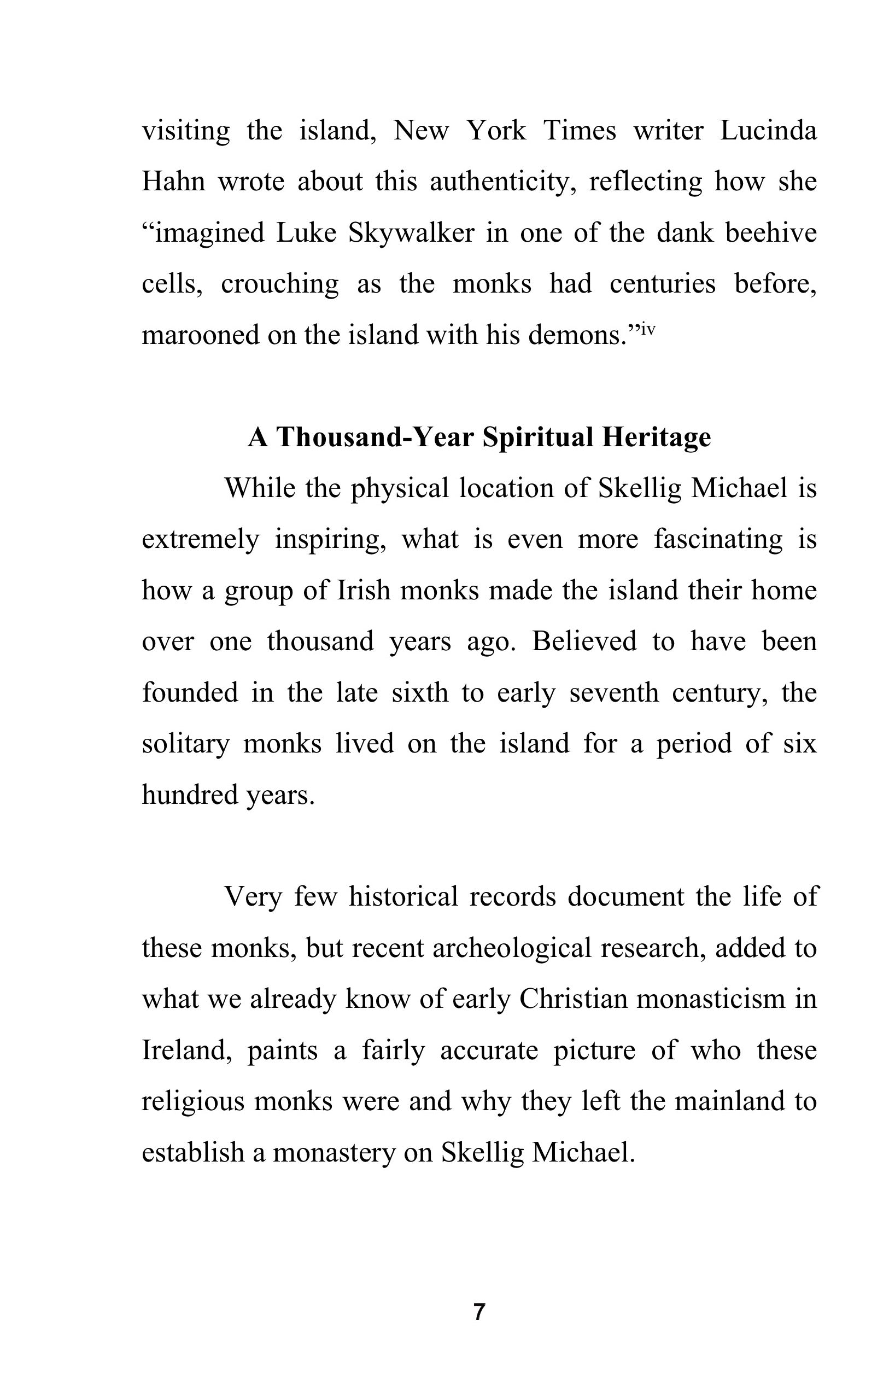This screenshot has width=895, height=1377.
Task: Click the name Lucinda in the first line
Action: coord(768,130)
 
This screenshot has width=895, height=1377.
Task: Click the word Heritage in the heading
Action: coord(656,437)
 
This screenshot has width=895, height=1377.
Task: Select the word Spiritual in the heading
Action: coord(537,437)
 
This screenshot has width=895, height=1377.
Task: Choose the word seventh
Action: coord(613,692)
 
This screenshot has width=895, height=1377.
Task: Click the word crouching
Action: coord(279,283)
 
